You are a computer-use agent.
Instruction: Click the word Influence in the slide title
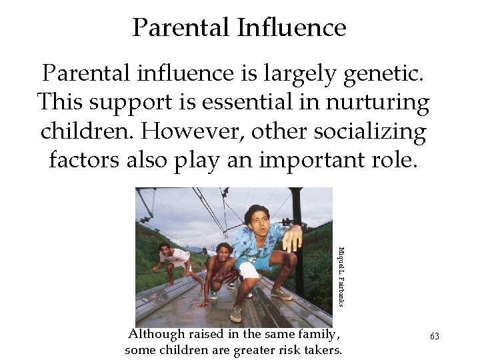291,28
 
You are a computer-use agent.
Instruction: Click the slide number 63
435,337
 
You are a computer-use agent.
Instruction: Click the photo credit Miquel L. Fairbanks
341,277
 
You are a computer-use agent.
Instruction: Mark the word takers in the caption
321,350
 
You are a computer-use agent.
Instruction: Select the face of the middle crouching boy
223,251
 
